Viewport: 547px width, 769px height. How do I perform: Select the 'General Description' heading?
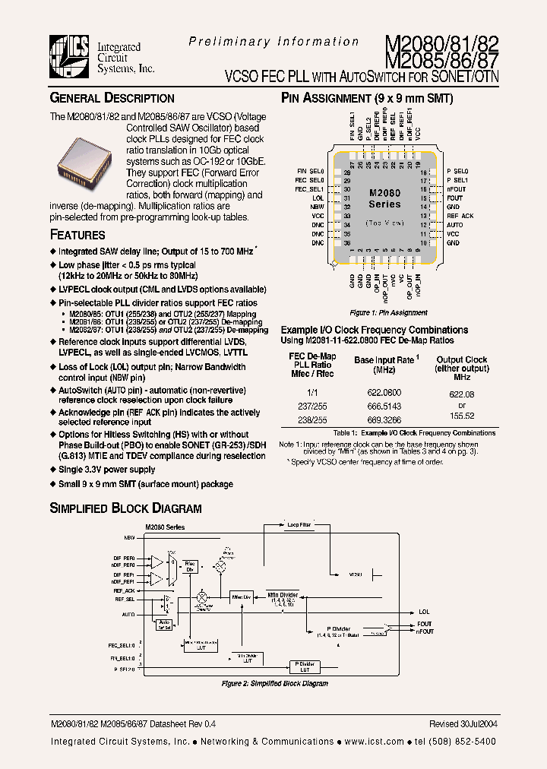click(x=112, y=98)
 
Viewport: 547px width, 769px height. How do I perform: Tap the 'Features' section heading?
click(x=77, y=236)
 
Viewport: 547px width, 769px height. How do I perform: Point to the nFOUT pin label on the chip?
click(x=456, y=188)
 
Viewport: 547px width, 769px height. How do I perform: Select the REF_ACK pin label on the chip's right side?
click(x=460, y=216)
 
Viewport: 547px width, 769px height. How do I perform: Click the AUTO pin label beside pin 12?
click(x=454, y=225)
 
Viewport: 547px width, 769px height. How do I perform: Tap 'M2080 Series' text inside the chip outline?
click(x=384, y=199)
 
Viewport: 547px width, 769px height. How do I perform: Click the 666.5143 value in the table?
click(x=384, y=407)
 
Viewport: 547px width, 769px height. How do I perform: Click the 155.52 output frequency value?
click(x=461, y=416)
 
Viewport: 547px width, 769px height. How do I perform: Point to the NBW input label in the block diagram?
click(x=129, y=536)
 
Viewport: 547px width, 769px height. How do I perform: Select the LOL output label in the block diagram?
click(x=424, y=611)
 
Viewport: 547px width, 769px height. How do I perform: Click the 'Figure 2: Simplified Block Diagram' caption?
click(x=274, y=684)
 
